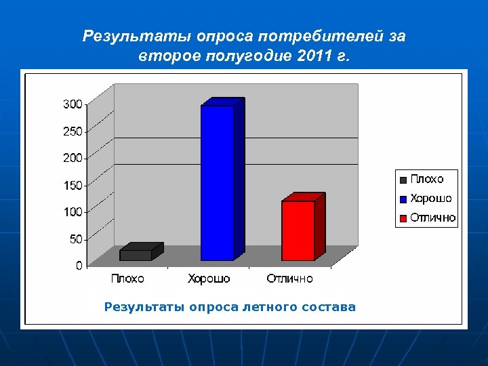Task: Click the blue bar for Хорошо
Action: pyautogui.click(x=217, y=183)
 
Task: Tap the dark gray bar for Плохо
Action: pyautogui.click(x=136, y=255)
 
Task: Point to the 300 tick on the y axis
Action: pyautogui.click(x=73, y=104)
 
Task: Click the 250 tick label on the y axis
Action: pyautogui.click(x=73, y=131)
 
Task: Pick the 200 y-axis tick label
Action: pyautogui.click(x=73, y=158)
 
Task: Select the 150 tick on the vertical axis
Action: pyautogui.click(x=73, y=185)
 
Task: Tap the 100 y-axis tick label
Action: pyautogui.click(x=73, y=212)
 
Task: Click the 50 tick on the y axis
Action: pyautogui.click(x=75, y=239)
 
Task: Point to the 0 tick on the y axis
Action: pyautogui.click(x=79, y=266)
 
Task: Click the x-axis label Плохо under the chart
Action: pyautogui.click(x=127, y=279)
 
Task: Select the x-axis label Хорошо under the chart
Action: pyautogui.click(x=209, y=279)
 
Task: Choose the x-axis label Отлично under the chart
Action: pyautogui.click(x=289, y=279)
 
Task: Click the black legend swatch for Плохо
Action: pyautogui.click(x=403, y=180)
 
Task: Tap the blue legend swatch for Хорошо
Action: pyautogui.click(x=403, y=199)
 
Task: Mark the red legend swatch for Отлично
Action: pyautogui.click(x=403, y=218)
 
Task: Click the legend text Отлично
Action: pyautogui.click(x=432, y=218)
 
